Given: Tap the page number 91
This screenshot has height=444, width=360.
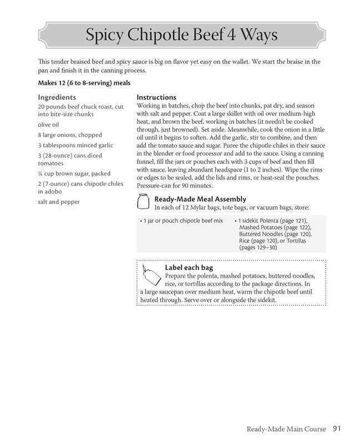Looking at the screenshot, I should tap(338, 428).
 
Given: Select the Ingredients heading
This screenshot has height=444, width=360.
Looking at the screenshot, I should tap(57, 97).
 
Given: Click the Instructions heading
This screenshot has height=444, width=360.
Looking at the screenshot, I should tap(156, 97).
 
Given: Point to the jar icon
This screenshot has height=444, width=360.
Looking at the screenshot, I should tap(143, 203).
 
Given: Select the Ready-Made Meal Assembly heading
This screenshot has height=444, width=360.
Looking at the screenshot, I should tap(200, 199).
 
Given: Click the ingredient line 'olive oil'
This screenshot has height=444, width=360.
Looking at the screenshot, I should tap(48, 124).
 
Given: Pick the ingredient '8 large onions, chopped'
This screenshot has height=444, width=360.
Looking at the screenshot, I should tap(70, 135).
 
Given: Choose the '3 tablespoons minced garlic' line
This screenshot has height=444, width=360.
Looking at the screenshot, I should tap(75, 145).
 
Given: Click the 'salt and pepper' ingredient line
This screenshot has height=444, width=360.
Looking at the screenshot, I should tap(59, 202).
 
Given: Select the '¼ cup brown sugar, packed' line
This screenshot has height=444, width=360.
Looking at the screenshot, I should tap(74, 173).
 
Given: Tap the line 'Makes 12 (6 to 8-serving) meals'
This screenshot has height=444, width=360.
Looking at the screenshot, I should tap(84, 83).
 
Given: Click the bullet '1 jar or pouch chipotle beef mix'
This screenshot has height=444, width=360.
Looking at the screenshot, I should tap(182, 221).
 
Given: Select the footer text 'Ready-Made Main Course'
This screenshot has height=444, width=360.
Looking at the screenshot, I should tap(287, 429).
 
